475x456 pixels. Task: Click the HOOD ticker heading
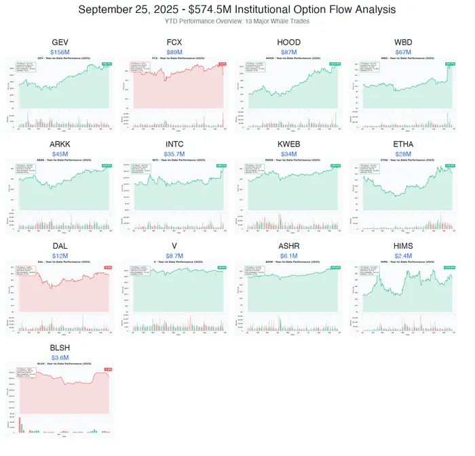(x=289, y=42)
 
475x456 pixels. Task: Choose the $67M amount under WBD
(x=403, y=51)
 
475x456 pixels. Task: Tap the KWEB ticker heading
(x=289, y=144)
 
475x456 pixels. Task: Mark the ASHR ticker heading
(x=289, y=245)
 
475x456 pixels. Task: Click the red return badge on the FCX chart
(x=222, y=64)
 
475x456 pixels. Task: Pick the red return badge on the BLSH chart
(x=108, y=369)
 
